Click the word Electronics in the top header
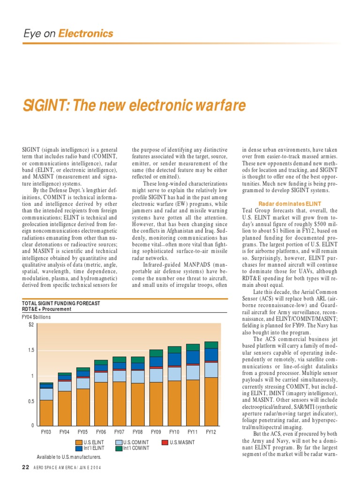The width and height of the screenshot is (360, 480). [89, 33]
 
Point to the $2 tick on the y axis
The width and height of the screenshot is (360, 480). [31, 324]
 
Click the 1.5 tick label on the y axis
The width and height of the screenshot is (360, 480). [30, 350]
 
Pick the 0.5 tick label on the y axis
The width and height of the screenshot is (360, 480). [30, 401]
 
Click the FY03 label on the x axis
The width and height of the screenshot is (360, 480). [46, 432]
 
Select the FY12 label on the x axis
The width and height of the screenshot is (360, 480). [211, 432]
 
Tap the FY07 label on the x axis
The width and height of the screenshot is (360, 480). [120, 432]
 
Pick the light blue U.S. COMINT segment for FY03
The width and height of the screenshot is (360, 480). [46, 394]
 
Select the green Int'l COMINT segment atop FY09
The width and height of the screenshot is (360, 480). [156, 353]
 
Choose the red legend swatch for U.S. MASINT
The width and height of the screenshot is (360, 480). [165, 442]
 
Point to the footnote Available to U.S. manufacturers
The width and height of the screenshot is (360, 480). [69, 457]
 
